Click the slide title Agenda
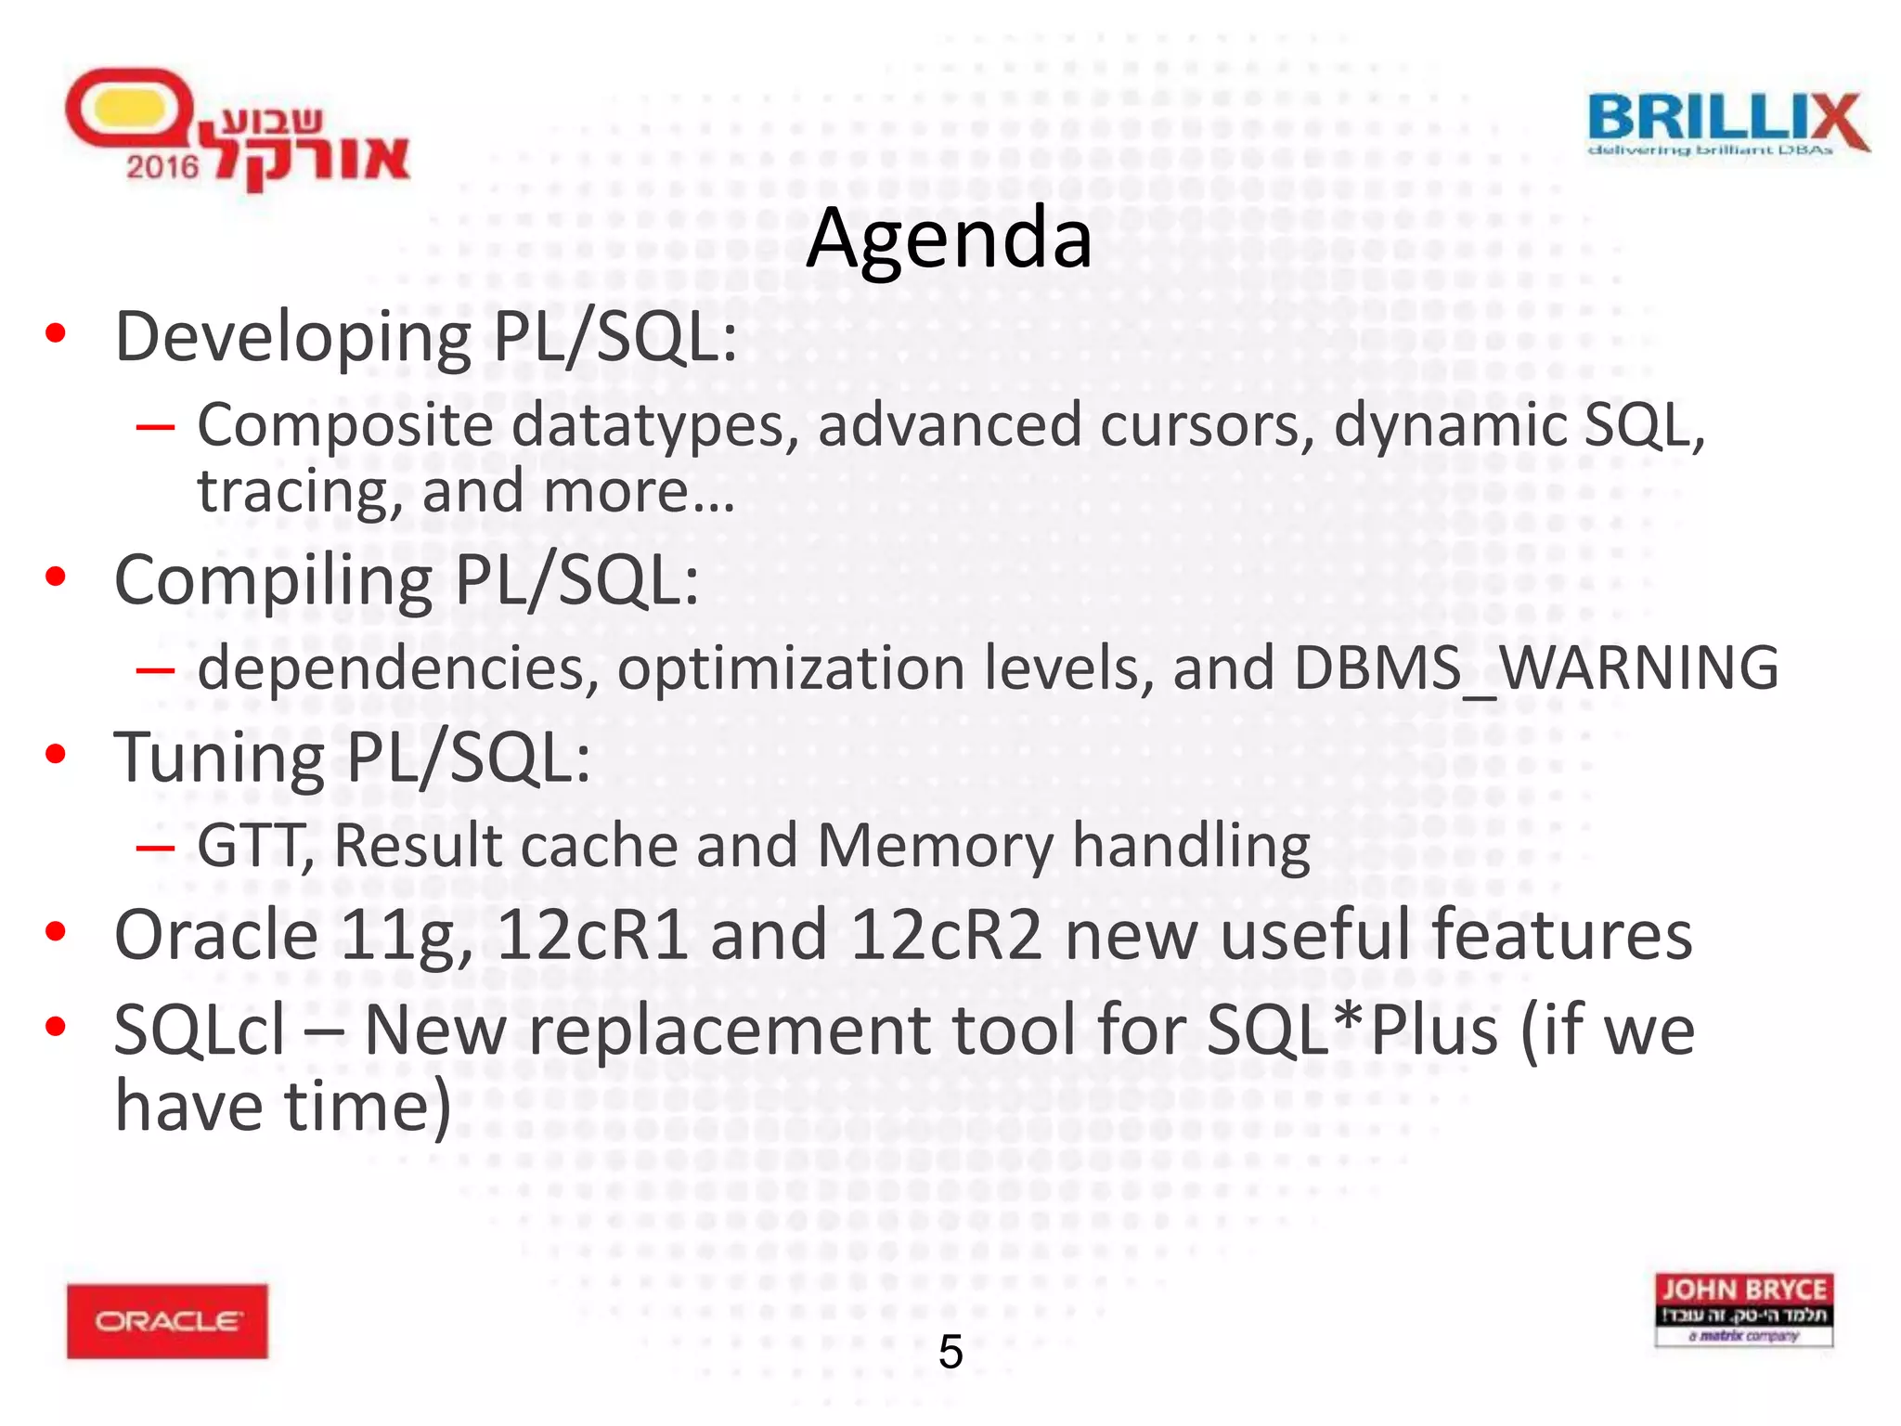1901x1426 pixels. [x=949, y=239]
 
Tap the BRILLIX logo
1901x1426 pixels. [x=1727, y=124]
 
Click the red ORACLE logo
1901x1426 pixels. [x=167, y=1320]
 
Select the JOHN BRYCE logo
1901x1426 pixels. [x=1743, y=1309]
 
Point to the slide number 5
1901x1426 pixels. [x=950, y=1352]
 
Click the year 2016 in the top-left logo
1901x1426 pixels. [x=162, y=167]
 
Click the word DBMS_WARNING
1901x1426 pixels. [x=1535, y=668]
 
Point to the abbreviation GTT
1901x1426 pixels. [x=252, y=846]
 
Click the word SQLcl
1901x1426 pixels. [x=200, y=1031]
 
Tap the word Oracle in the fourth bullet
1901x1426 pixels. [x=216, y=935]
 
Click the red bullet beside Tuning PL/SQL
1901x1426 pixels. [x=56, y=753]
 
